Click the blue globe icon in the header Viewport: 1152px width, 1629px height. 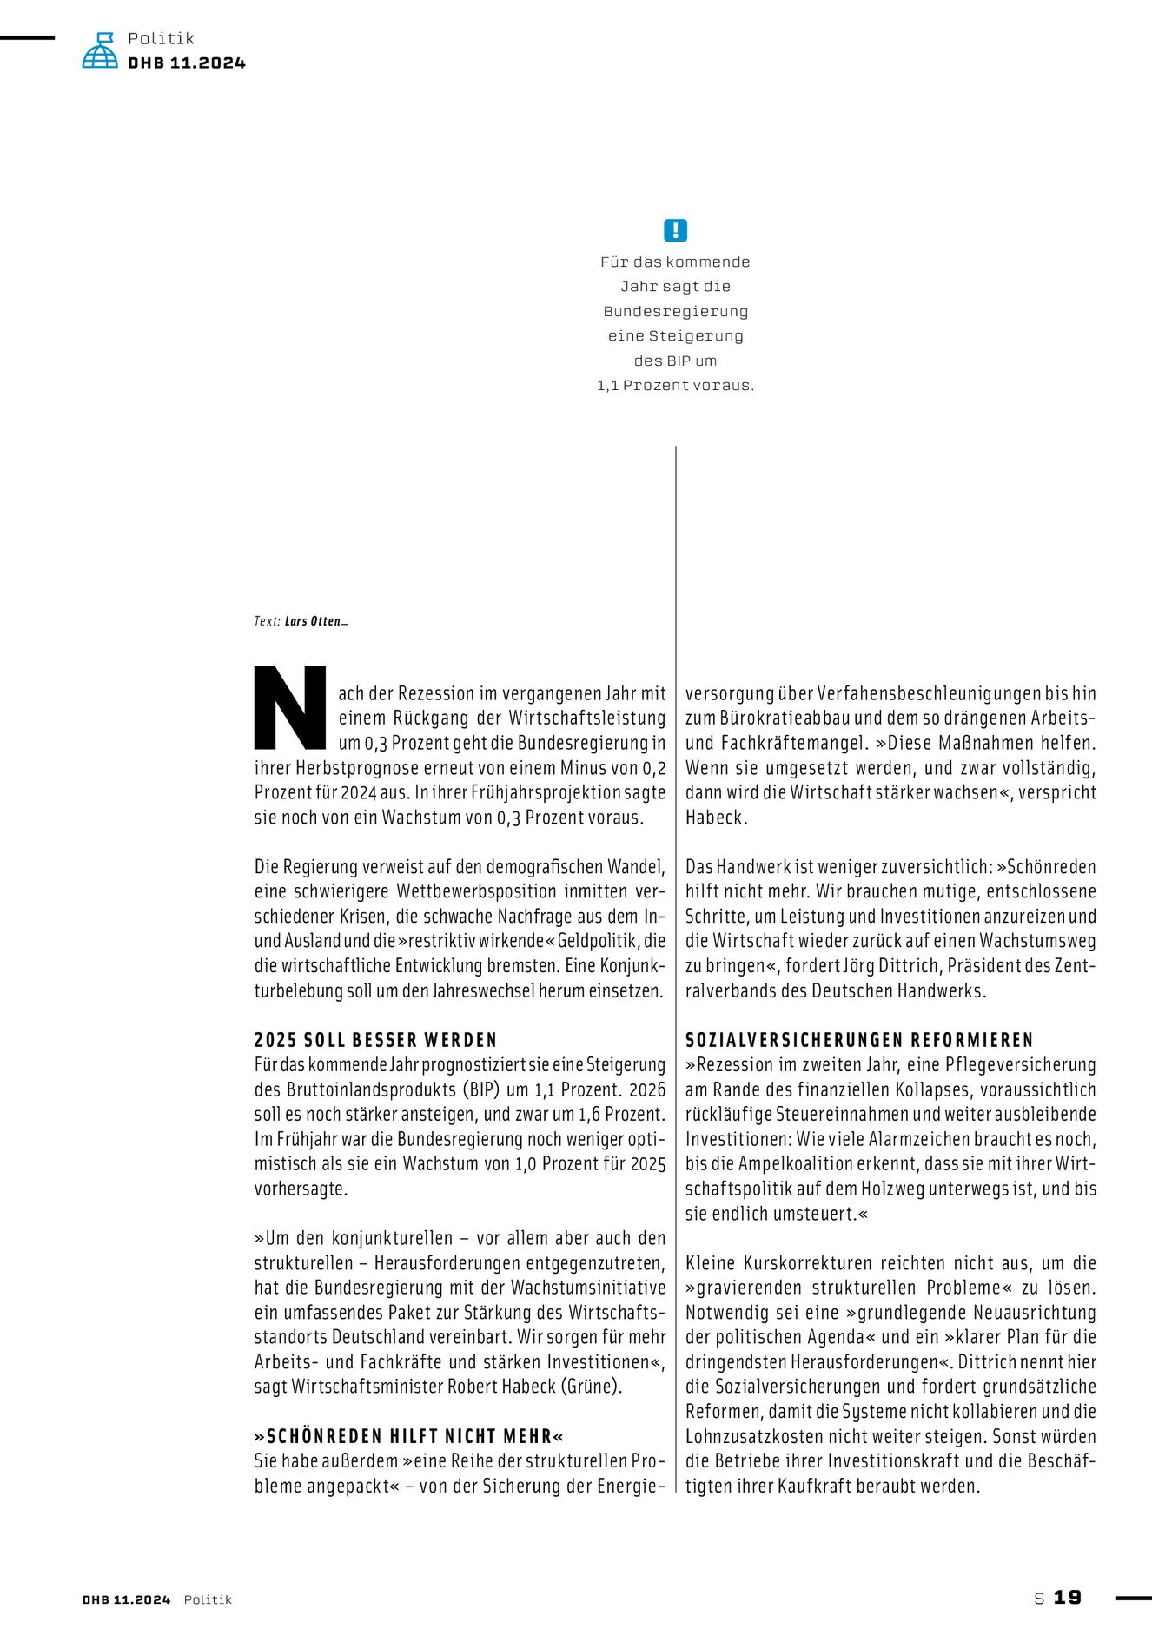(x=100, y=51)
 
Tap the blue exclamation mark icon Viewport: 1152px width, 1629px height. (x=675, y=230)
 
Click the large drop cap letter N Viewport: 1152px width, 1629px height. (x=290, y=707)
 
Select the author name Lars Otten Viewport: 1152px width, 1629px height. (x=315, y=621)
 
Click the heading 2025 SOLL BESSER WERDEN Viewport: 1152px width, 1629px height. (x=375, y=1040)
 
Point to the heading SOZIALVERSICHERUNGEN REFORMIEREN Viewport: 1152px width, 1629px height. (x=859, y=1040)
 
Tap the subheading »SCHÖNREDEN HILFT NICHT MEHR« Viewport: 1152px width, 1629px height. (x=409, y=1436)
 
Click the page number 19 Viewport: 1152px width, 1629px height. (x=1068, y=1598)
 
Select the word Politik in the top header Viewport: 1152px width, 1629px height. (x=161, y=38)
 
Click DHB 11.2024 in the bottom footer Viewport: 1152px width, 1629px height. (x=127, y=1599)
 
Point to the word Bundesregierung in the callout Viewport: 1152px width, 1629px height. (x=675, y=311)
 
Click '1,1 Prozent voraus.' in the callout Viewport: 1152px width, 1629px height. (x=675, y=386)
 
